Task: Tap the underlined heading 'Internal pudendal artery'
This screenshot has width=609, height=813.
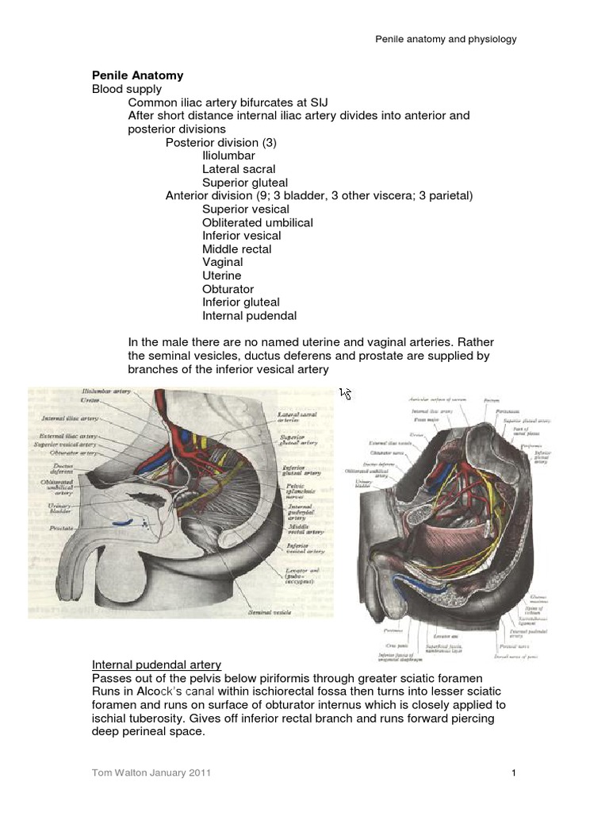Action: [156, 665]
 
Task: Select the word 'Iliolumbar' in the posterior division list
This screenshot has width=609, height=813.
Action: [230, 156]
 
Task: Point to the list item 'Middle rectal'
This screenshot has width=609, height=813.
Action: [236, 249]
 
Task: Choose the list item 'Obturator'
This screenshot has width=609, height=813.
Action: [229, 289]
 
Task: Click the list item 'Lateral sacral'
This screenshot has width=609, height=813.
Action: [239, 169]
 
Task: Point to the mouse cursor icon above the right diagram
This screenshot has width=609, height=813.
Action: [345, 393]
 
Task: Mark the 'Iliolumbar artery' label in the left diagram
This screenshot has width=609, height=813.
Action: [106, 391]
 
